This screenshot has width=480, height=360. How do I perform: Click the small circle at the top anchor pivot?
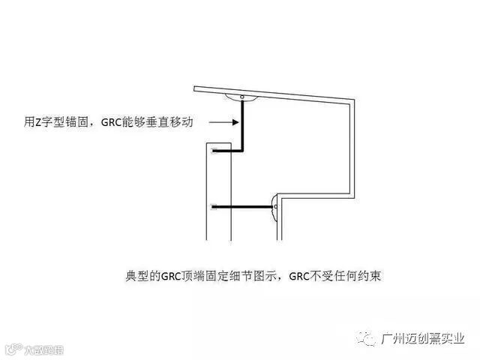point(241,97)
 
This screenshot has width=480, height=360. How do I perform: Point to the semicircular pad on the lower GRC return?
point(276,205)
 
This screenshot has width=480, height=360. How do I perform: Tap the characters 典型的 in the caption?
point(138,275)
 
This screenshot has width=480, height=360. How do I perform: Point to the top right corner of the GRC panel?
point(355,100)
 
